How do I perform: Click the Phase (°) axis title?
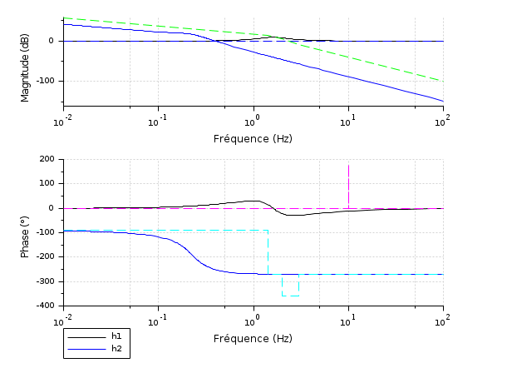[25, 232]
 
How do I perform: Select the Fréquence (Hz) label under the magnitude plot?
[253, 138]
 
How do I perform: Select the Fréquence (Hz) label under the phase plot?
[253, 338]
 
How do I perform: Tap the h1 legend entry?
[116, 336]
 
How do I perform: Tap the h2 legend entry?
[116, 348]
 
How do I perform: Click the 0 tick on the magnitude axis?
[51, 41]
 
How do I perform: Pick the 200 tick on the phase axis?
[47, 159]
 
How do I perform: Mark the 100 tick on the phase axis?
[47, 183]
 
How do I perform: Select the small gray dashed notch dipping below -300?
[290, 294]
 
